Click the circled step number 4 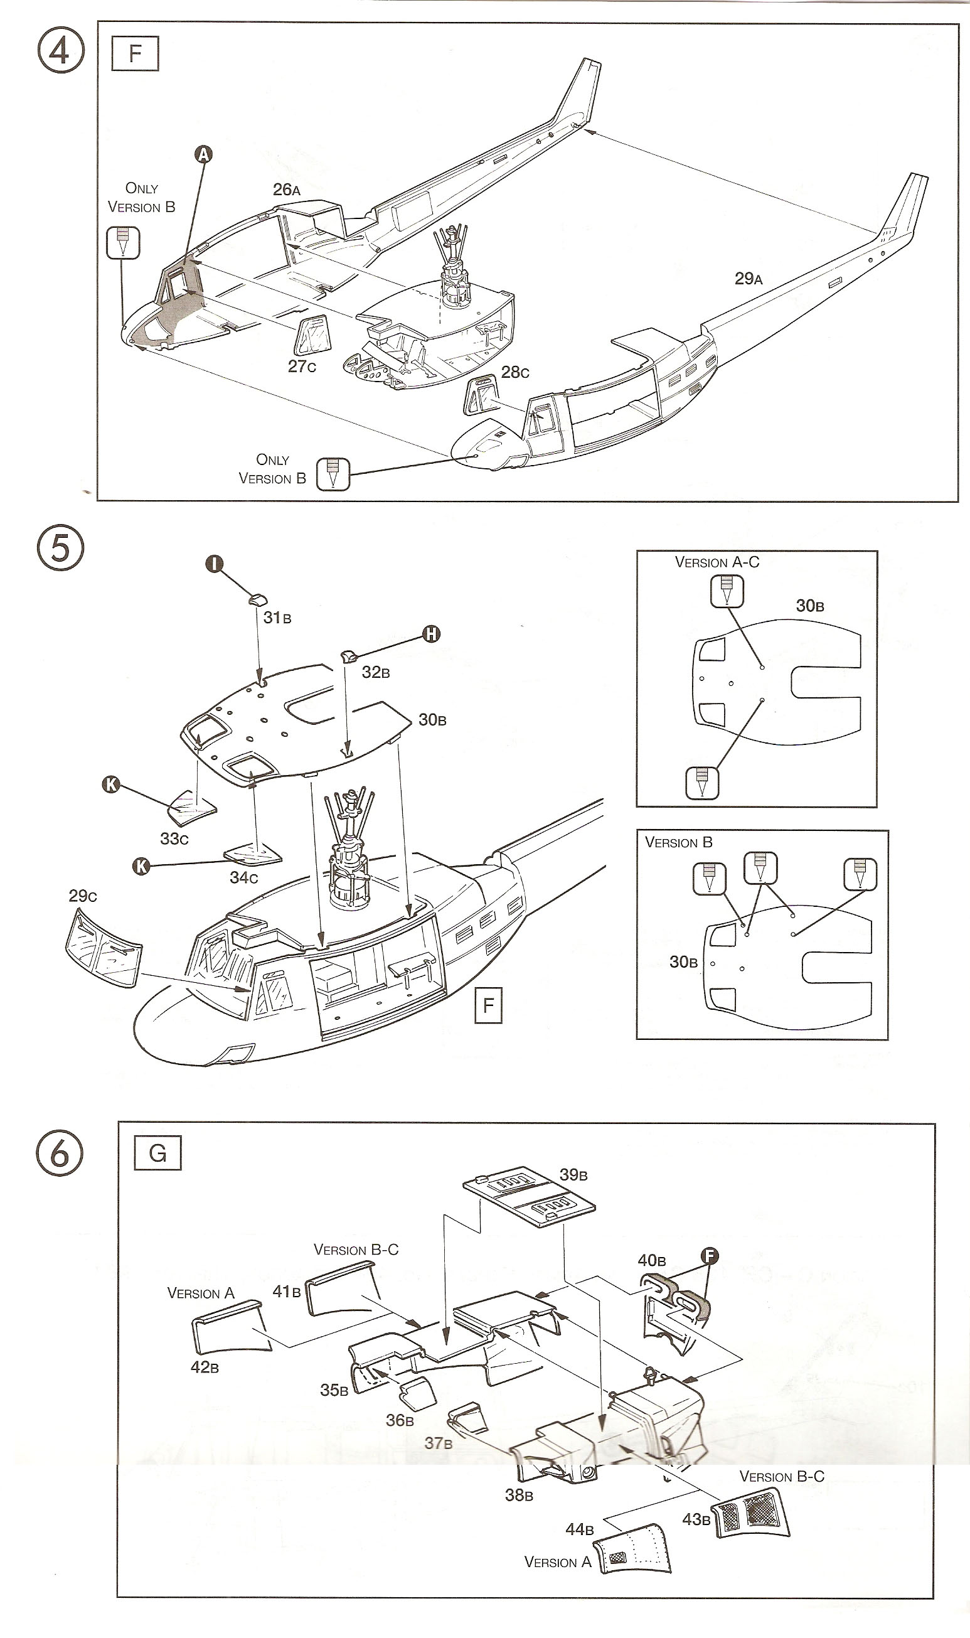pos(61,50)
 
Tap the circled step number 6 pos(60,1153)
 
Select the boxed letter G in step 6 pos(157,1153)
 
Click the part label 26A pos(286,190)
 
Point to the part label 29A pos(748,279)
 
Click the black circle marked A pos(204,155)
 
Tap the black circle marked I pos(215,564)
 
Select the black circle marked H pos(432,633)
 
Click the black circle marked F pos(710,1255)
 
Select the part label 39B pos(573,1175)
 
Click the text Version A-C pos(717,562)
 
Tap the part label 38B pos(519,1495)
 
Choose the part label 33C pos(174,838)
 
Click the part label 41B pos(286,1292)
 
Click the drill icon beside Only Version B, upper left pos(123,242)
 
